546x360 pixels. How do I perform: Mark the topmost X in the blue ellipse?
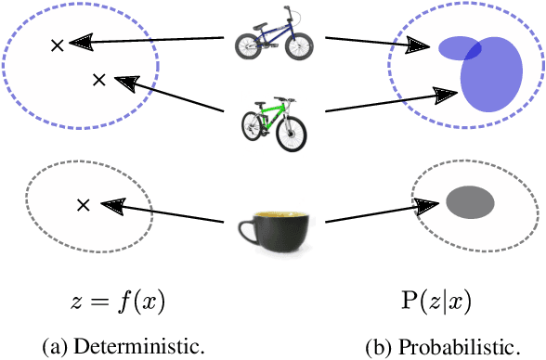pos(57,44)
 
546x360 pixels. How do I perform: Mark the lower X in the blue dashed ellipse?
pos(98,81)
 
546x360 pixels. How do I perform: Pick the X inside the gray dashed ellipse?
pos(83,205)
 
